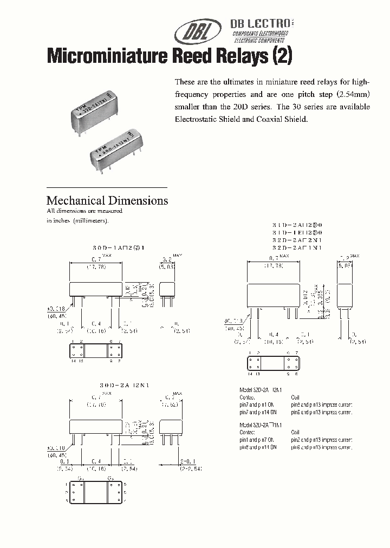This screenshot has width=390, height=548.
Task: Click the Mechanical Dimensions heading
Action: pyautogui.click(x=107, y=200)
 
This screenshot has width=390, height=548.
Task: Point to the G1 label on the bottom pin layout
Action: pyautogui.click(x=82, y=479)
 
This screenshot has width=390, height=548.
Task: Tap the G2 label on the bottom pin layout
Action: pyautogui.click(x=111, y=479)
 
